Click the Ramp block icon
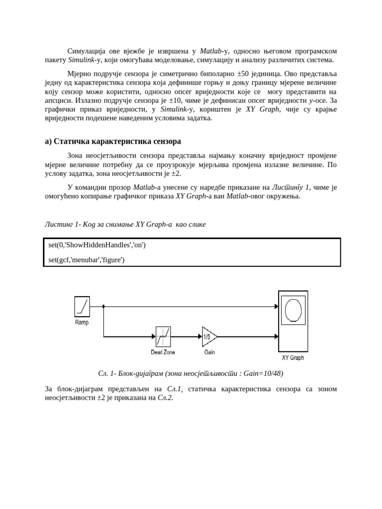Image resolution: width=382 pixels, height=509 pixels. tap(82, 306)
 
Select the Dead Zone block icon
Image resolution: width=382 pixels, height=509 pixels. tap(163, 337)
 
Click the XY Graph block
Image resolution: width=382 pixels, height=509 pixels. tap(293, 321)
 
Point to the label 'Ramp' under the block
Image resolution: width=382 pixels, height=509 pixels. tap(82, 323)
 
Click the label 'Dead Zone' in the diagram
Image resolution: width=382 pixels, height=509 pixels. tap(163, 352)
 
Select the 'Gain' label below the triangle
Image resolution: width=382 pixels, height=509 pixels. tap(209, 352)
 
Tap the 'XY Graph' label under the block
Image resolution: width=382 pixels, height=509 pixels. tap(293, 357)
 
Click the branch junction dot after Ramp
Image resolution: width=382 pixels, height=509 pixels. tap(103, 306)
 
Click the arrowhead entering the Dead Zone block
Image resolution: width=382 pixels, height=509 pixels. tap(154, 337)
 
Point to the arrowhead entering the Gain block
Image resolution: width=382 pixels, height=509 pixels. tap(200, 337)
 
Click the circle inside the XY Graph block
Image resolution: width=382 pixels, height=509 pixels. tap(293, 310)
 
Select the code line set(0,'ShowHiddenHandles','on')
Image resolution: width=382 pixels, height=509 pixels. tap(97, 245)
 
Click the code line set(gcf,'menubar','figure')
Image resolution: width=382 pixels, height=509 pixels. tap(87, 259)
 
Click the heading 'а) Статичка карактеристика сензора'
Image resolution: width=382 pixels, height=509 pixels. tap(113, 141)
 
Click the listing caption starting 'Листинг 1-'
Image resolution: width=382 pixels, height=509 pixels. tap(125, 224)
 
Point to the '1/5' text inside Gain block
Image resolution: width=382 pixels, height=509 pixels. tap(206, 337)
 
